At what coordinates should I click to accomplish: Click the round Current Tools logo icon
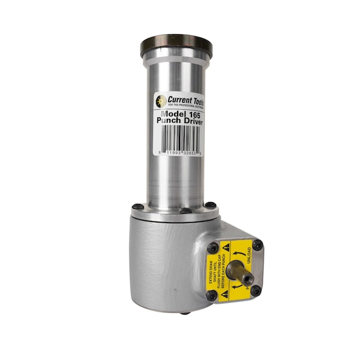pyautogui.click(x=161, y=101)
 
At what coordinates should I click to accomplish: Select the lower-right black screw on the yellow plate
pyautogui.click(x=256, y=290)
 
